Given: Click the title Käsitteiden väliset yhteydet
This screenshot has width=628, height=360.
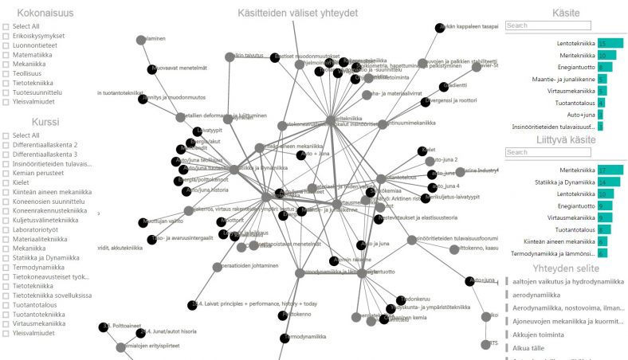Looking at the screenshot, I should click(x=298, y=13).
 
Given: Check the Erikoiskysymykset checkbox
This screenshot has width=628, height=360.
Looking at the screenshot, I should click(x=6, y=37).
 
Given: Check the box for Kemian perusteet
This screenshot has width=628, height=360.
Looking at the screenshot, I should click(x=6, y=174).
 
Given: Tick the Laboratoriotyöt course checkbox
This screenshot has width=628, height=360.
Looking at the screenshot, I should click(x=6, y=229).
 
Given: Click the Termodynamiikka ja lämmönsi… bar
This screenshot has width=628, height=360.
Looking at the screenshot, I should click(x=602, y=253).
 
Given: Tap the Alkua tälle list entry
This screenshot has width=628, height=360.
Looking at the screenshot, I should click(x=530, y=348).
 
